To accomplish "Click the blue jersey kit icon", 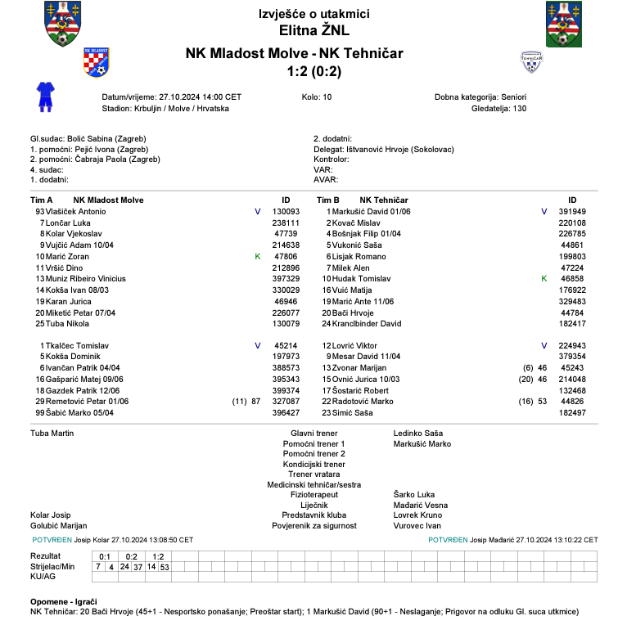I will point(44,96).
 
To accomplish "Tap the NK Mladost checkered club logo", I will point(97,61).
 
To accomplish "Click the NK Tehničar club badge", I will point(532,61).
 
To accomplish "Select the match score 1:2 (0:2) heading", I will point(313,72).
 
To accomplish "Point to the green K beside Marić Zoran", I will point(258,257).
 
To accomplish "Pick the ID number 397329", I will point(286,279).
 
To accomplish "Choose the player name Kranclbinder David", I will point(367,324).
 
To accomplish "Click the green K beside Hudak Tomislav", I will point(544,279).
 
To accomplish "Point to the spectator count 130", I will point(520,108).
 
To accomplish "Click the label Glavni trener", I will point(314,432).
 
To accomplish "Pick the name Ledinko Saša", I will point(417,432).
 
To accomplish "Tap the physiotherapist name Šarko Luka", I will point(414,495).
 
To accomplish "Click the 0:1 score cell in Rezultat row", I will point(105,556).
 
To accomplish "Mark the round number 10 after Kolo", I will point(327,97).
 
